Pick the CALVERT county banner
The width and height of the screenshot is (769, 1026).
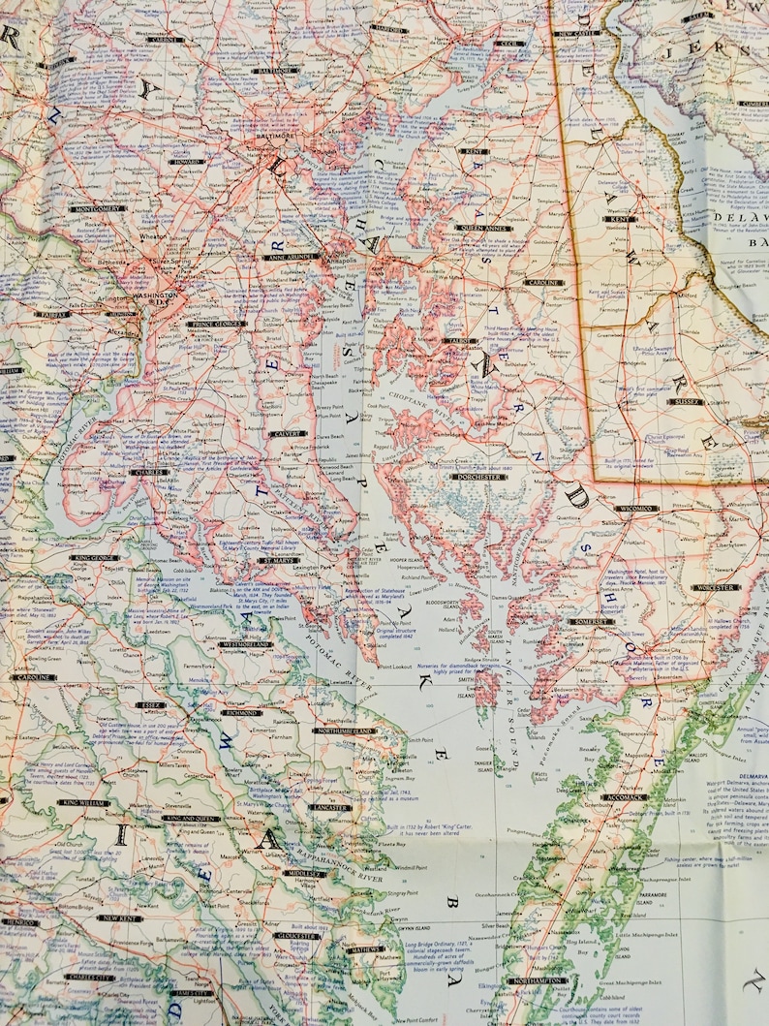pyautogui.click(x=289, y=434)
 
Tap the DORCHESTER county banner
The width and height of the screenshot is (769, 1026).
pyautogui.click(x=479, y=477)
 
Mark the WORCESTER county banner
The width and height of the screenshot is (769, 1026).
pyautogui.click(x=715, y=588)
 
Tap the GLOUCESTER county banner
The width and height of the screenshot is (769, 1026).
pyautogui.click(x=295, y=937)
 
